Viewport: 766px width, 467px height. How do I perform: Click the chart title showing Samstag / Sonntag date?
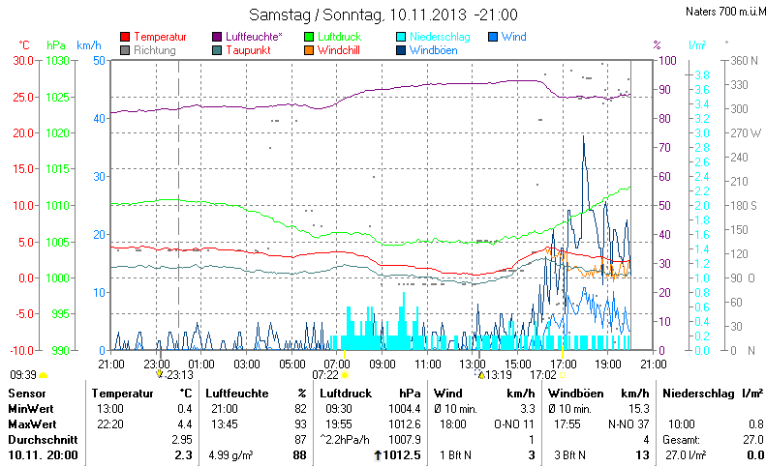383,15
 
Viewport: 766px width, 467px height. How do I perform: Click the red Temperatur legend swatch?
125,37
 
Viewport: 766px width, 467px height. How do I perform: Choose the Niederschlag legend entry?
440,37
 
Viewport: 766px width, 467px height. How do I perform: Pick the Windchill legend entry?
341,49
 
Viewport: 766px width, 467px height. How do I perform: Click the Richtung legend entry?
155,49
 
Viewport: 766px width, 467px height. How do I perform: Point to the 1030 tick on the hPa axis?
58,60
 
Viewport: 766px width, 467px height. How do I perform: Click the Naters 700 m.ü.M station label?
717,11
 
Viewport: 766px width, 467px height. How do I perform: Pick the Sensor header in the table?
26,394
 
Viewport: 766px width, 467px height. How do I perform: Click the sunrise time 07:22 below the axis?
324,374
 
